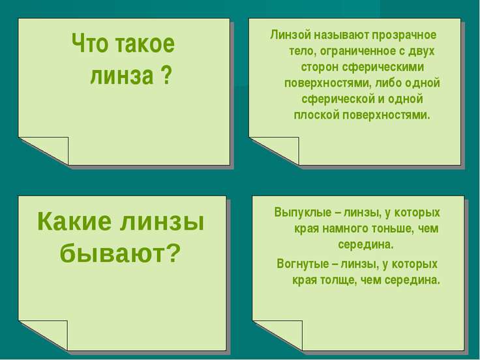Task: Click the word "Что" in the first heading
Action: pos(90,43)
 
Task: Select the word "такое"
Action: pos(145,44)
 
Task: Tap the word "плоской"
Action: pos(316,115)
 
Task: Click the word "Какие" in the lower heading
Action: pos(74,221)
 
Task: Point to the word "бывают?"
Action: pos(119,253)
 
